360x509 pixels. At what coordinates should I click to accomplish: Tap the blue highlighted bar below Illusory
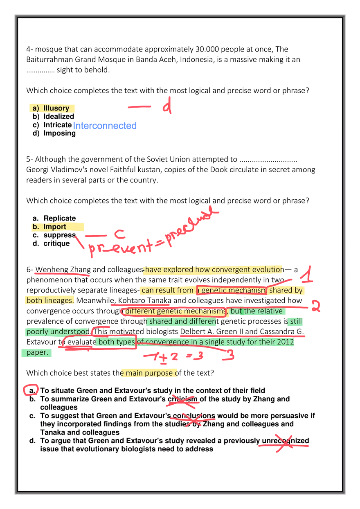pos(105,126)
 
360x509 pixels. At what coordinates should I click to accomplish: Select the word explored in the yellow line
pos(178,270)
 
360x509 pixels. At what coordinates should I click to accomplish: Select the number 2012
pos(286,342)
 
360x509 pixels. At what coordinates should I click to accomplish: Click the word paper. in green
pos(37,352)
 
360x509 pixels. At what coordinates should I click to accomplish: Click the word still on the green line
pos(296,322)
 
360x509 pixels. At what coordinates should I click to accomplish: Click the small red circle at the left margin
pos(31,390)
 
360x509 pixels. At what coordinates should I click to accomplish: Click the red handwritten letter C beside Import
pos(119,234)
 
